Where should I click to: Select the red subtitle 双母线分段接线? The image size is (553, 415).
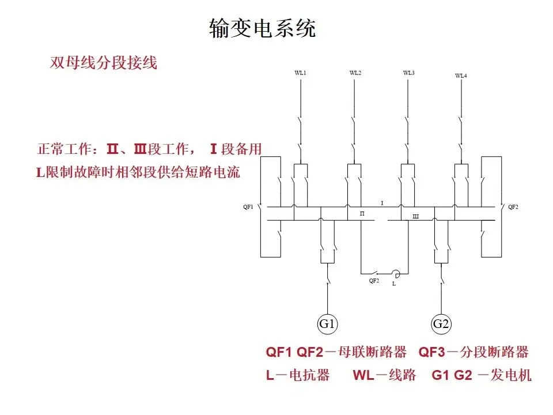pyautogui.click(x=104, y=62)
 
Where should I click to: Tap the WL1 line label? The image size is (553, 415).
pyautogui.click(x=300, y=73)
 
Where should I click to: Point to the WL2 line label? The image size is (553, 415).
pyautogui.click(x=355, y=73)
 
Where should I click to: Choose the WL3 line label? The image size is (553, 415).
pyautogui.click(x=409, y=73)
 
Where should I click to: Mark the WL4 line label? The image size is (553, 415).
pyautogui.click(x=461, y=76)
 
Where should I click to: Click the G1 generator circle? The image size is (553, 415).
pyautogui.click(x=327, y=323)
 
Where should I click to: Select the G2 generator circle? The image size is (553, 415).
pyautogui.click(x=441, y=323)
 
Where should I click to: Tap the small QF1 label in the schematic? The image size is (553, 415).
pyautogui.click(x=248, y=207)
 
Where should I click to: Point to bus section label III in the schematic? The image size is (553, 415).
pyautogui.click(x=415, y=216)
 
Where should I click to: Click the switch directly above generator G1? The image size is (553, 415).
pyautogui.click(x=327, y=280)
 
